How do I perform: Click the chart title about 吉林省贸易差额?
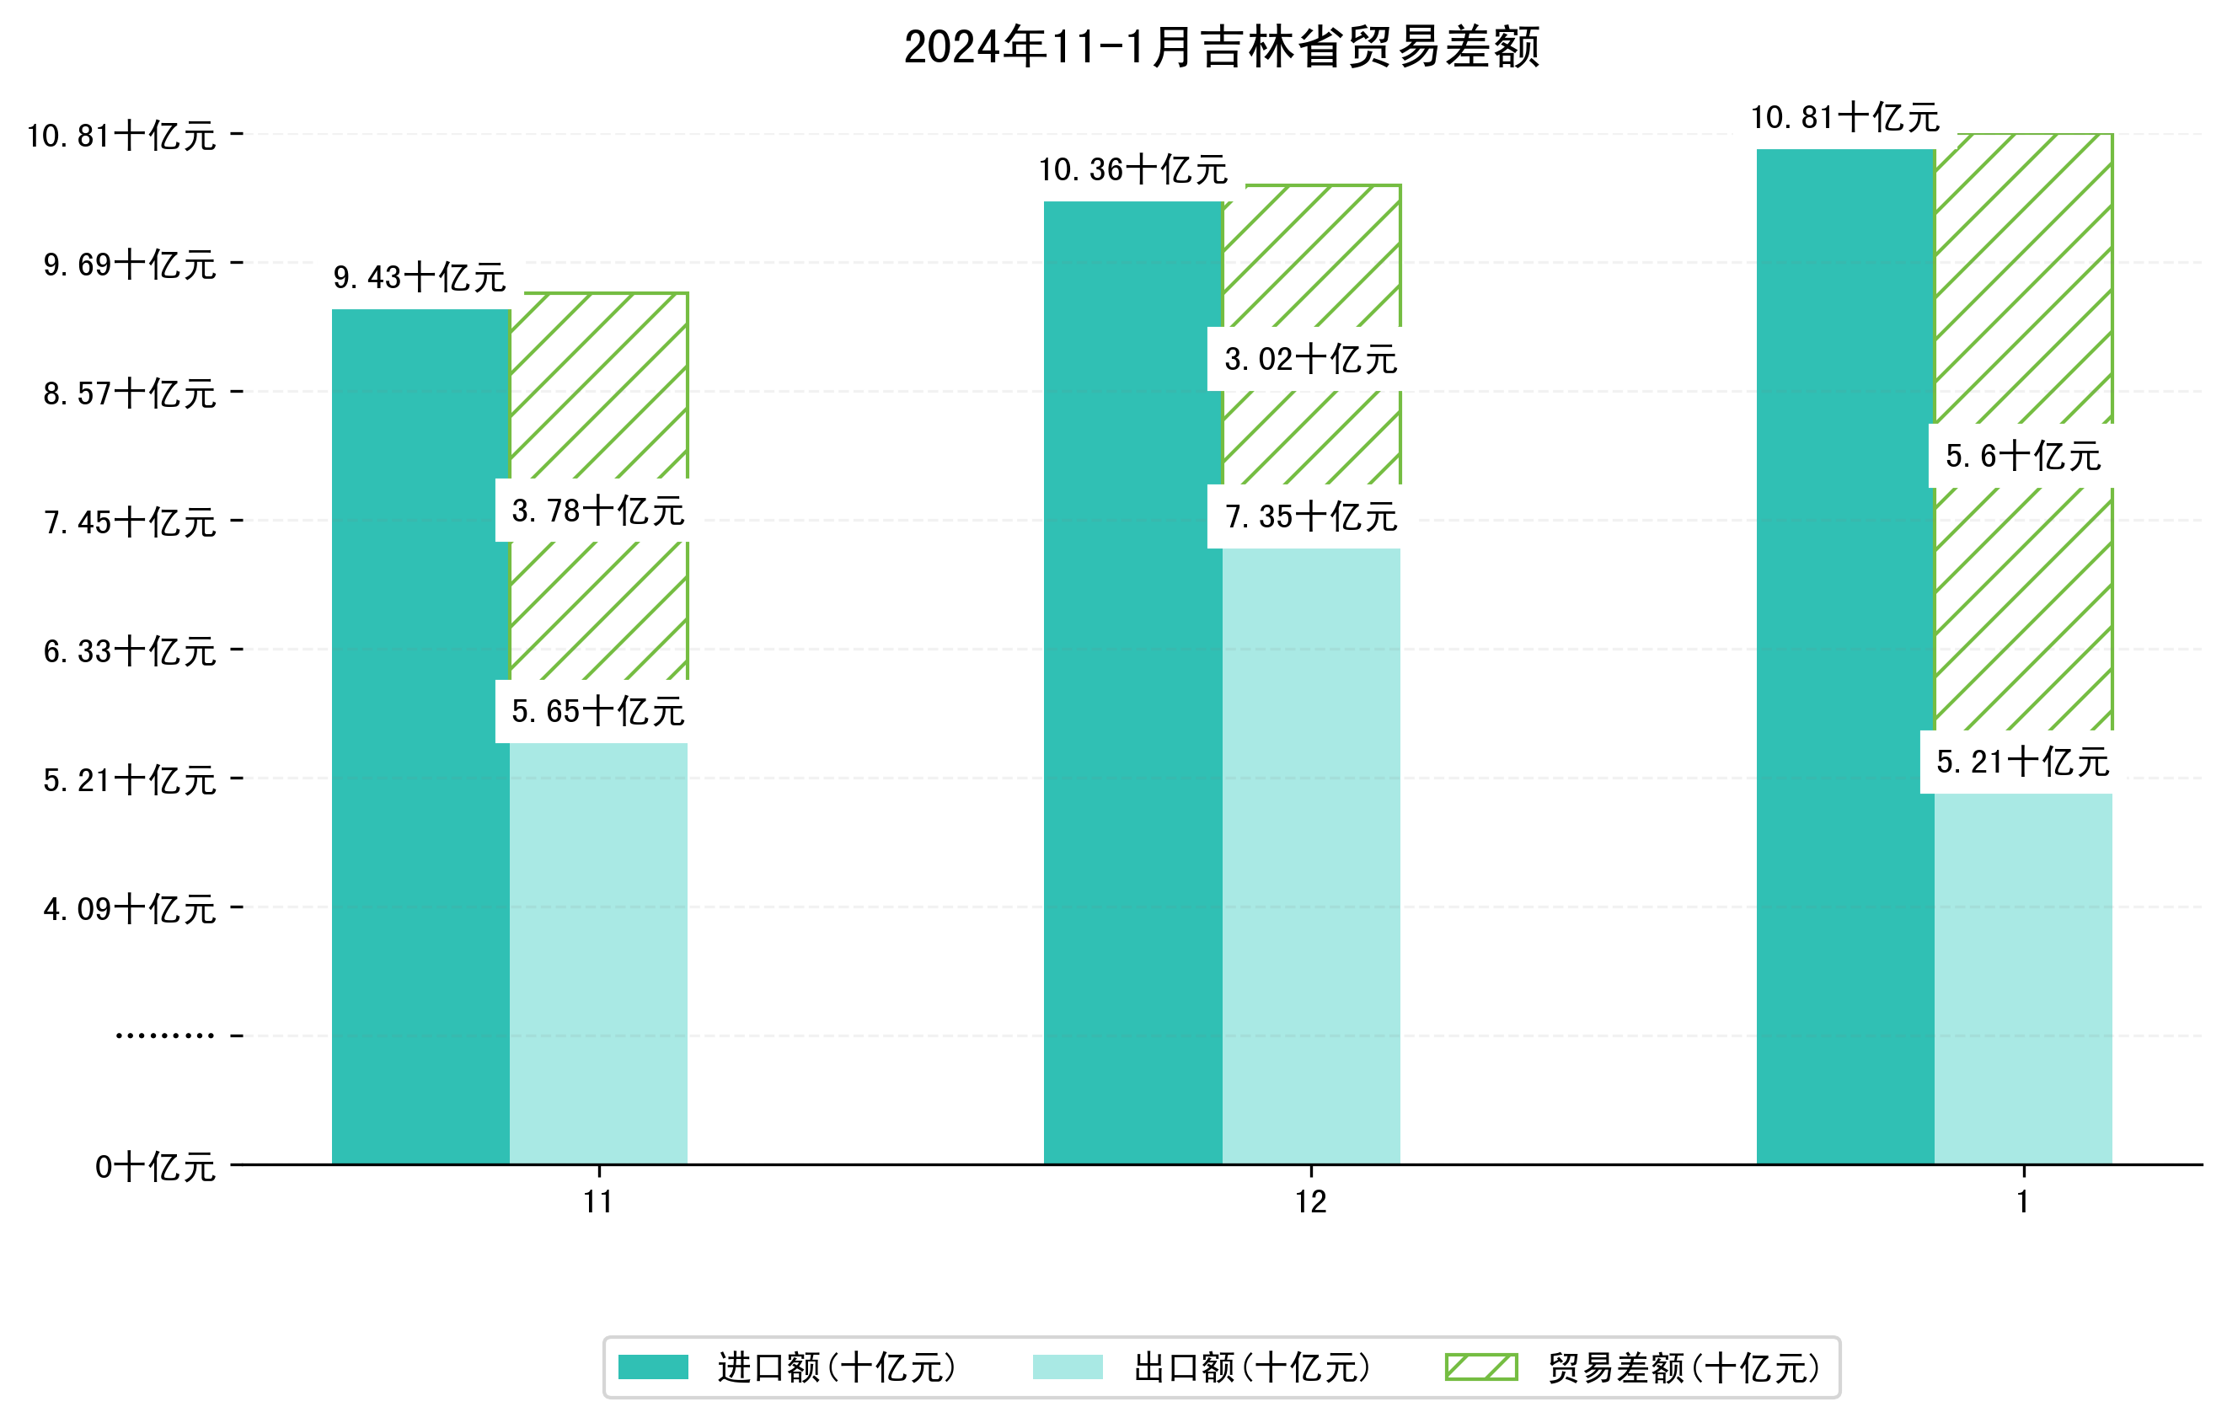tap(1221, 47)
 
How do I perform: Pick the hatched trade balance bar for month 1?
tap(2024, 601)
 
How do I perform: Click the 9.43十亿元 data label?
tap(419, 277)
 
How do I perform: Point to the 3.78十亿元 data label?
tap(597, 511)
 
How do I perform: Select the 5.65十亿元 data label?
tap(597, 711)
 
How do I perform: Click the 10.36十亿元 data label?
tap(1133, 170)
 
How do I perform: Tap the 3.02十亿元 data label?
tap(1309, 359)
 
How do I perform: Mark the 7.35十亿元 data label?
tap(1309, 516)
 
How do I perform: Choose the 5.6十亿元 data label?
tap(2022, 456)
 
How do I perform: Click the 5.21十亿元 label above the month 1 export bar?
tap(2022, 762)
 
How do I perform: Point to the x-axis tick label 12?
tap(1310, 1202)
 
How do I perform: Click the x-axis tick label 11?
tap(598, 1202)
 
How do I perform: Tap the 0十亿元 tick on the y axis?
tap(155, 1167)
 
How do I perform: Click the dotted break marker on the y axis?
tap(164, 1035)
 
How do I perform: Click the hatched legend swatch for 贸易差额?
tap(1481, 1367)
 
